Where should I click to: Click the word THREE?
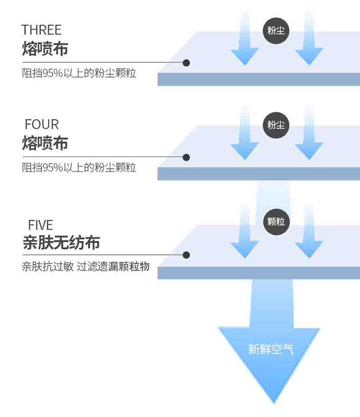click(x=41, y=30)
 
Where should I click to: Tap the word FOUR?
click(x=42, y=124)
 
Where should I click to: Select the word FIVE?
click(x=41, y=225)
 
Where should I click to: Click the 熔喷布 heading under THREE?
click(x=45, y=48)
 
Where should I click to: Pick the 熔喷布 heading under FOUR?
click(x=45, y=143)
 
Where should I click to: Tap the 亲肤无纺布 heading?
click(x=61, y=242)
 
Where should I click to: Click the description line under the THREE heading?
click(x=79, y=73)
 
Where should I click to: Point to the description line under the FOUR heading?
click(x=79, y=167)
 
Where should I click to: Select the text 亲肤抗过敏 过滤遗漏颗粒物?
click(x=85, y=266)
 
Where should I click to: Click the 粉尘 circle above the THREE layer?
click(x=276, y=31)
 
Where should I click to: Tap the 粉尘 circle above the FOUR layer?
click(x=276, y=125)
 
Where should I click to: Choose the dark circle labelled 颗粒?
click(x=276, y=222)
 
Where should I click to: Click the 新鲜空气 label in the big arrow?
click(x=271, y=349)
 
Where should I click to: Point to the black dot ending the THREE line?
click(x=186, y=63)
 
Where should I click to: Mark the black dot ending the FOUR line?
click(x=186, y=157)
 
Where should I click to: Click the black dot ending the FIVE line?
click(x=186, y=255)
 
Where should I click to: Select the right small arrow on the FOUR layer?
click(x=309, y=132)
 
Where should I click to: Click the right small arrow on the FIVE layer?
click(x=309, y=231)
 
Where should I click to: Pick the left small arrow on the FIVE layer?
click(x=245, y=231)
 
